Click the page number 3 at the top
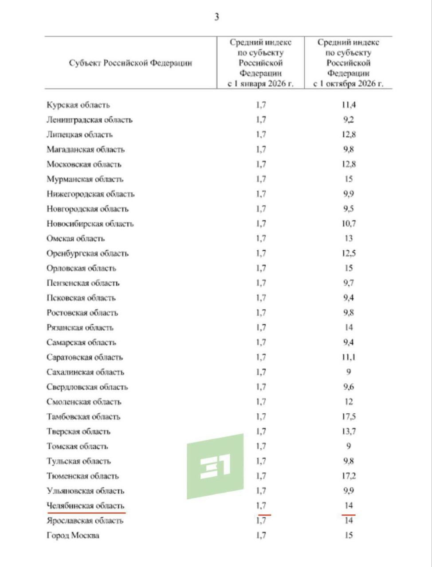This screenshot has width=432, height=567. pos(216,17)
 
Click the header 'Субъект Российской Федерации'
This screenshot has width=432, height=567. pos(130,63)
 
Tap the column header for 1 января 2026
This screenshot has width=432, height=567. pos(260,63)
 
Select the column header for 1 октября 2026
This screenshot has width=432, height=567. pos(348,63)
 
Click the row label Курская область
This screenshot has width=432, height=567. pos(78,105)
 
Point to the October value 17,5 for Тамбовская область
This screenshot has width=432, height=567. pos(349,416)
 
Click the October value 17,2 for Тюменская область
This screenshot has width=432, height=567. pos(349,476)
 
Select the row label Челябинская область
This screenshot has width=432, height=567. pos(85,505)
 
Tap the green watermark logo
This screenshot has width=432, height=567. pos(215,466)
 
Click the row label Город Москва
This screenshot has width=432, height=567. pos(73,535)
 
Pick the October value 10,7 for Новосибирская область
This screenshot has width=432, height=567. pos(349,224)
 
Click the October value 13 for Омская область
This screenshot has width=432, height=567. pos(349,238)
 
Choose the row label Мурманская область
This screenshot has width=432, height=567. pos(85,179)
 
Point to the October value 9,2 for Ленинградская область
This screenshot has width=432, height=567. pos(349,120)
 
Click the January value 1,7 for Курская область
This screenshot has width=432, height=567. pos(261,105)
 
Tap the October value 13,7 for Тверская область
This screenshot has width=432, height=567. pos(349,431)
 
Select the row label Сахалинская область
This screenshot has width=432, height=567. pos(85,372)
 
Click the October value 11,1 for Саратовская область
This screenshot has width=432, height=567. pos(349,357)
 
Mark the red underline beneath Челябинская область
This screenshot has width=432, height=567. pos(86,513)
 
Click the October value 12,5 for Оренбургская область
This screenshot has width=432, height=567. pos(349,253)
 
